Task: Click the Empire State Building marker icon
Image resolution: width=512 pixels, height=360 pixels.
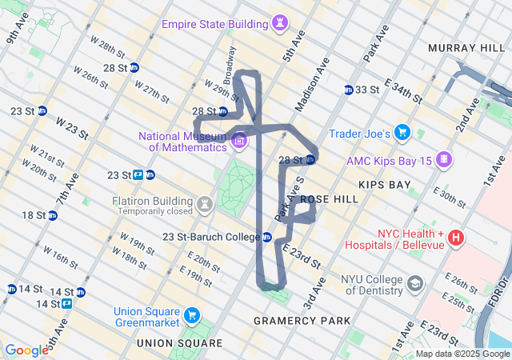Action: point(280,24)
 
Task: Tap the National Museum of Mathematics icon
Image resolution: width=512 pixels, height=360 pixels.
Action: point(238,142)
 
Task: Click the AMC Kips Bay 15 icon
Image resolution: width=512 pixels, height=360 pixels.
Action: point(443,161)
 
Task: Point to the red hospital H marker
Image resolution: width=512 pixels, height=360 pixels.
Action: point(455,237)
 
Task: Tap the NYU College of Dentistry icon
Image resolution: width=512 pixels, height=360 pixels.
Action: point(415,284)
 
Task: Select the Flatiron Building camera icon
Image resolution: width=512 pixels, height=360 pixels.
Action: point(205,205)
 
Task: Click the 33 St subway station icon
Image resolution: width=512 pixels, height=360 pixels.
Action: point(349,90)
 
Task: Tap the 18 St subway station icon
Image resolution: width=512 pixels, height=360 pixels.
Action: point(52,215)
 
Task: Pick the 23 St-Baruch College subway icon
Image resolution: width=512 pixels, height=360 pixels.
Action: point(267,237)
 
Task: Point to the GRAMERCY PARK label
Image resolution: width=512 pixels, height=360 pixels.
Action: point(302,321)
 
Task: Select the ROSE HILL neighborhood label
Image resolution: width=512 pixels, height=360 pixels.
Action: point(325,198)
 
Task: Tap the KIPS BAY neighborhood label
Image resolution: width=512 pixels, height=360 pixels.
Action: point(384,185)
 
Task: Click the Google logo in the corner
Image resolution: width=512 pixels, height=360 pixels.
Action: point(26,350)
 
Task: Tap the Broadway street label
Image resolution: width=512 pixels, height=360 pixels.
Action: point(231,65)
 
